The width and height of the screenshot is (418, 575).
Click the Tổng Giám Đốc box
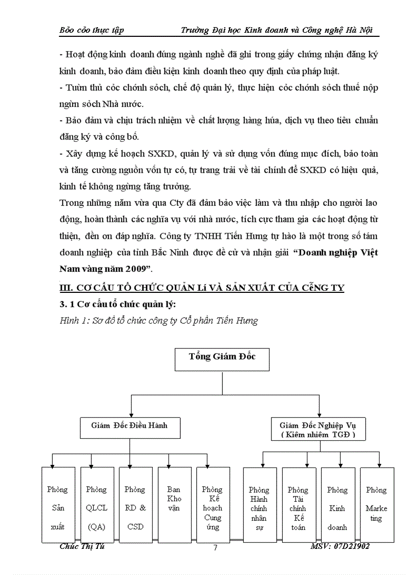point(222,358)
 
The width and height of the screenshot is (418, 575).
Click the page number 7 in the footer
point(215,548)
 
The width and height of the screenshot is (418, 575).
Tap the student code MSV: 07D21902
point(340,546)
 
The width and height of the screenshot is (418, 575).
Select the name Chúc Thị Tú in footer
point(82,546)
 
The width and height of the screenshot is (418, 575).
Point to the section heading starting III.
point(202,288)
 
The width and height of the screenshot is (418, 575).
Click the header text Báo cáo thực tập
point(92,30)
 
